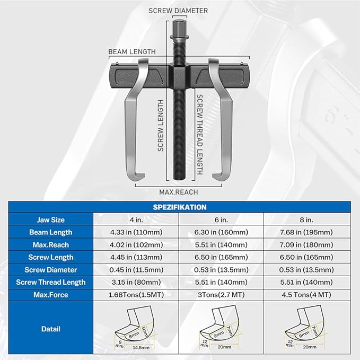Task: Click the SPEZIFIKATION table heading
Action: tap(180, 207)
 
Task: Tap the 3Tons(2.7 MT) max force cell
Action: tap(223, 295)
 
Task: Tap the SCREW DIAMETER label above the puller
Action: tap(178, 11)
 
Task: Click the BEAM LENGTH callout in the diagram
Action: tap(132, 52)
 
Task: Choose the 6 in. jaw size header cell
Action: tap(223, 219)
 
